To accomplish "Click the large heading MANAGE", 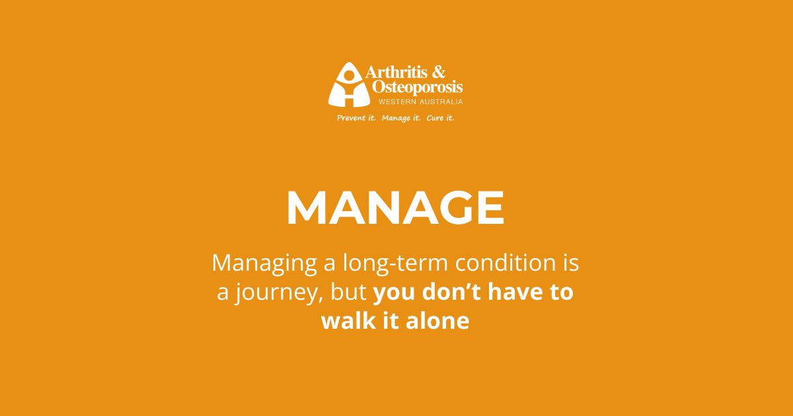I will (x=395, y=209).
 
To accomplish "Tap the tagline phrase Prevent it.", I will (x=356, y=118).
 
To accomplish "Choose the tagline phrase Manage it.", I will (x=401, y=118).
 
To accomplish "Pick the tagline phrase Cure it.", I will (x=440, y=118).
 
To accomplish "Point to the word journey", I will (x=277, y=294).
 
